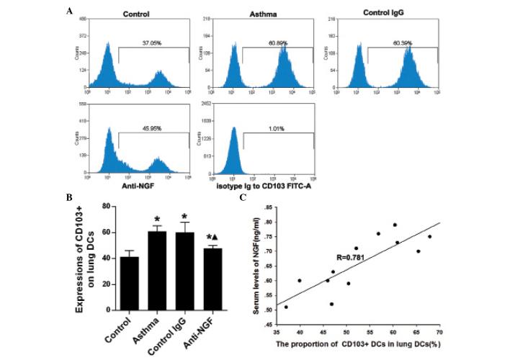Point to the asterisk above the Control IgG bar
[x=185, y=217]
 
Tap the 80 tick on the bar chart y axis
[x=107, y=206]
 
